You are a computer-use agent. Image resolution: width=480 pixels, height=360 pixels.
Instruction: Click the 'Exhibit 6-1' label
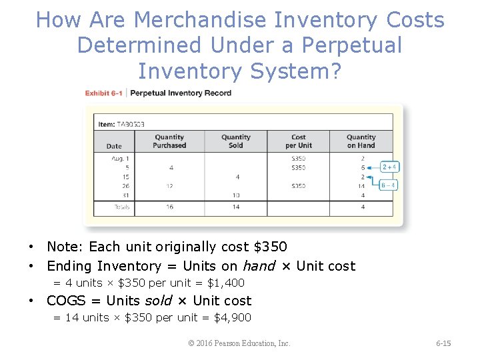[x=103, y=93]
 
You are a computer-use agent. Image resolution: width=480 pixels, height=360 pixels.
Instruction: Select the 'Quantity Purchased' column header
[x=169, y=141]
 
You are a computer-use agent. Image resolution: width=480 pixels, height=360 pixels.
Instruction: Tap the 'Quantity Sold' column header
[x=236, y=141]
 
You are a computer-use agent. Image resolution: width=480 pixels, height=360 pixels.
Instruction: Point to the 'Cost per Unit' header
[x=299, y=141]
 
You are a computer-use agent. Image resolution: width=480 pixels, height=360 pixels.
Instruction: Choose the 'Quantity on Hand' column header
[x=361, y=141]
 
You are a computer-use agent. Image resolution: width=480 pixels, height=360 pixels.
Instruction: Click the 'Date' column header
[x=114, y=146]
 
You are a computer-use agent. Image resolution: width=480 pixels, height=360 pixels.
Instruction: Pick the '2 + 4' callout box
[x=389, y=167]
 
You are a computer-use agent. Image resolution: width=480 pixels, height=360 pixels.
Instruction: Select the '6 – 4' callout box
[x=389, y=185]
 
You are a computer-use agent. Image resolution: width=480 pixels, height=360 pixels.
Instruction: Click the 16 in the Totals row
[x=170, y=207]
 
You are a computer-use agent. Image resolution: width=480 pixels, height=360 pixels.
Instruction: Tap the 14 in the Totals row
[x=236, y=207]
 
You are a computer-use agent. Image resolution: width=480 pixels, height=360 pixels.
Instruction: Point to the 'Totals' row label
[x=121, y=207]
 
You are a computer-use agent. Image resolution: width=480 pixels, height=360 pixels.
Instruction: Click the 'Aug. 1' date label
[x=121, y=159]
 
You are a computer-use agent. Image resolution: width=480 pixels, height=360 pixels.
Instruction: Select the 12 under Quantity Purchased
[x=170, y=186]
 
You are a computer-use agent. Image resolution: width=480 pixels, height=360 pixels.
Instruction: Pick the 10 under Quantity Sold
[x=236, y=195]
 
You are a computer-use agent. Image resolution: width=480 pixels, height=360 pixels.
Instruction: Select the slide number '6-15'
[x=443, y=343]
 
